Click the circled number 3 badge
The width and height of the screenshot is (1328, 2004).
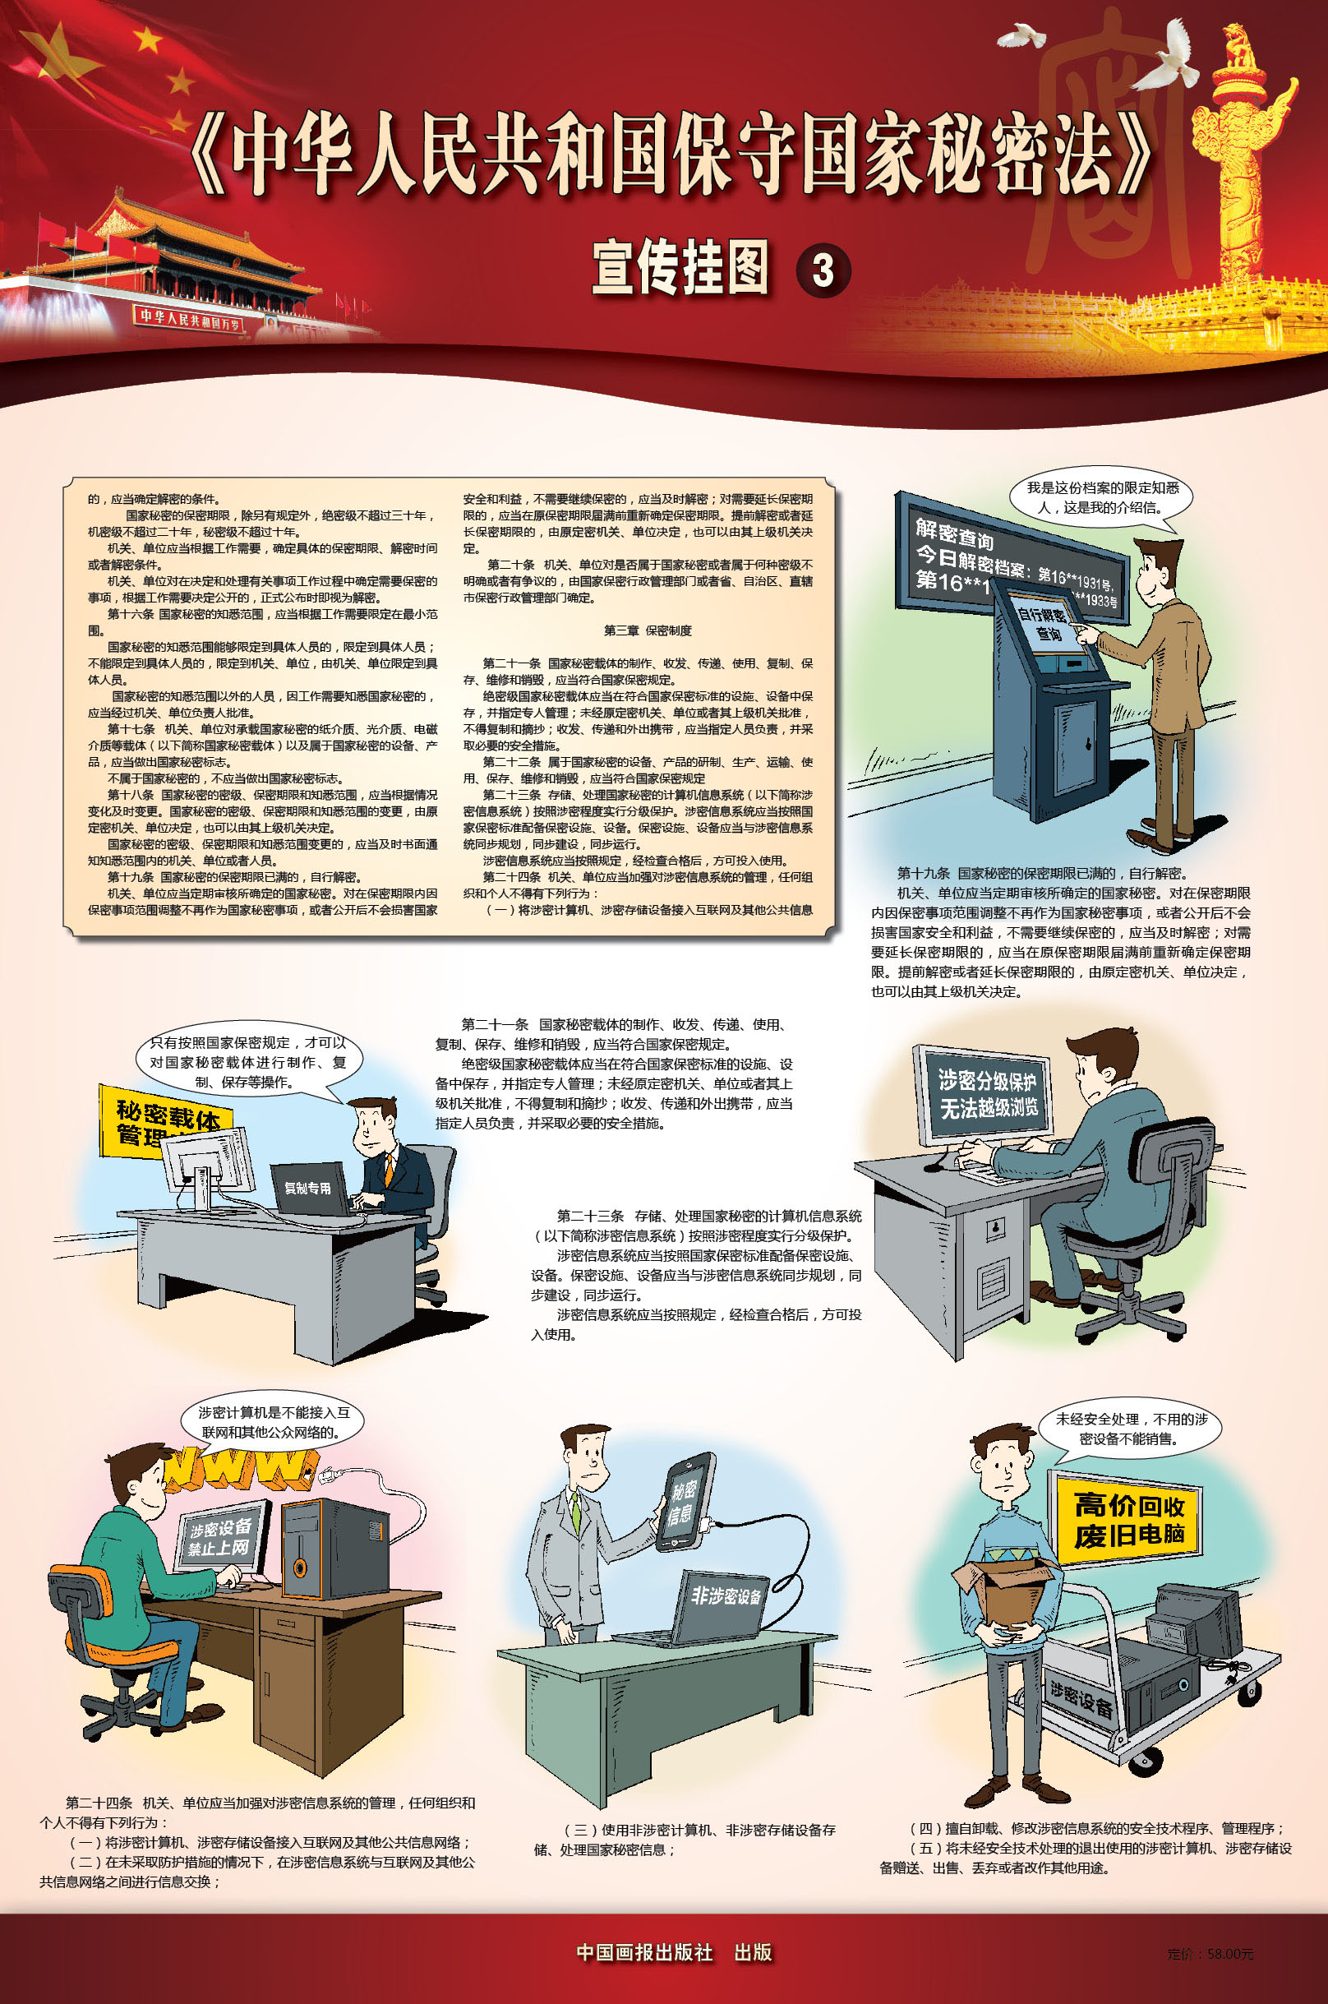(823, 271)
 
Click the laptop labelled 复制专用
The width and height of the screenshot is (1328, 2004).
(309, 1189)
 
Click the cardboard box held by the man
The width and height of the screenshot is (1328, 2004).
(1007, 1590)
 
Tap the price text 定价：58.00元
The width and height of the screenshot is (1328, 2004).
(1210, 1953)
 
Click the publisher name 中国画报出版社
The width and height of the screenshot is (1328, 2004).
(644, 1951)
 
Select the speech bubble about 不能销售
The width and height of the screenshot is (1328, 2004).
(1130, 1429)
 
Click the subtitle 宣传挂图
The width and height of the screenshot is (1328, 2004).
(681, 268)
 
